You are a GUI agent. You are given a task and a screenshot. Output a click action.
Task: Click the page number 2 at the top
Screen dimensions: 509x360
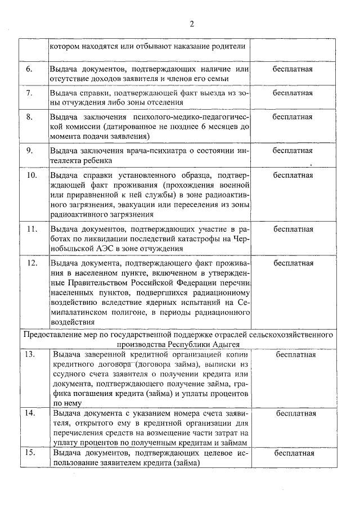coord(191,24)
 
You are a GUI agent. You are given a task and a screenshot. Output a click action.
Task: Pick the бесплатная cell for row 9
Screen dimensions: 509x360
coord(292,151)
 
